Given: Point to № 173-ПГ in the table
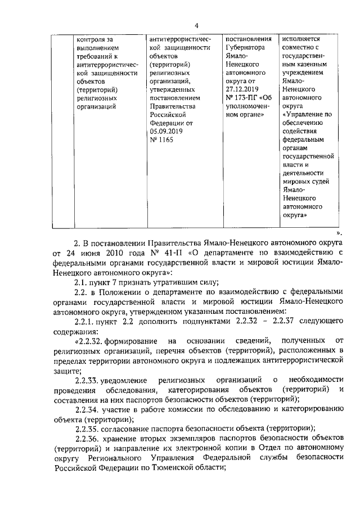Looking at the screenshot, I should point(245,97).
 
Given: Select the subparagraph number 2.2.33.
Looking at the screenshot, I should point(85,380).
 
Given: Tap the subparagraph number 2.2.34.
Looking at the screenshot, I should point(85,409).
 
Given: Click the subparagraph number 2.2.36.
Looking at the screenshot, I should point(85,439).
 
